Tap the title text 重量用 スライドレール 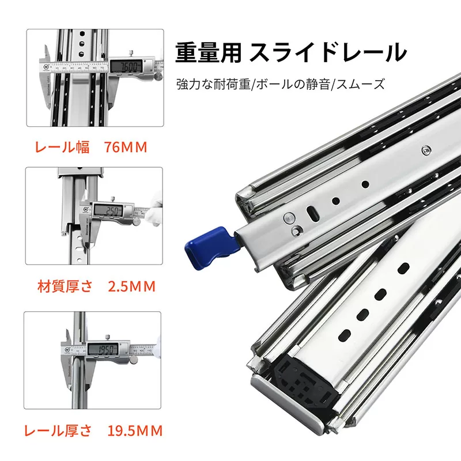coord(290,53)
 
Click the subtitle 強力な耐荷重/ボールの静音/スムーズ coord(280,85)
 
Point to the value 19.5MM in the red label coord(135,430)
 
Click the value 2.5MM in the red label coord(131,286)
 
